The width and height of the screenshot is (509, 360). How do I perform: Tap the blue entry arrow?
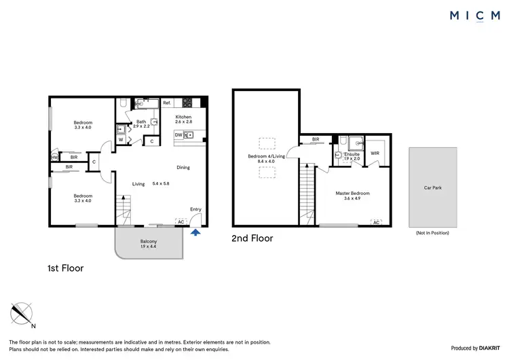[196, 232]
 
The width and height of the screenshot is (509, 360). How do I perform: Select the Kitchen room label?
[184, 117]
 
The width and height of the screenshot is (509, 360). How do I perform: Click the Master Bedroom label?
[353, 194]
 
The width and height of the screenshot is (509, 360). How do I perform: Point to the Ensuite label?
[352, 154]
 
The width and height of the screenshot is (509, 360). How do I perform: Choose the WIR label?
[375, 154]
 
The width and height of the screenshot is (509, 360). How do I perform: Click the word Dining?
[183, 167]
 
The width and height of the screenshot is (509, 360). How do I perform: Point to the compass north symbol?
[22, 313]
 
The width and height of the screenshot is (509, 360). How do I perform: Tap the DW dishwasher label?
[178, 135]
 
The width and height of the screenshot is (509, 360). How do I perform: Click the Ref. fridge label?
[166, 103]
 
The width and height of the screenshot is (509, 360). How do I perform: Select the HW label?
[54, 158]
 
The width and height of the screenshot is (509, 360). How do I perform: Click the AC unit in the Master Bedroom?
[375, 222]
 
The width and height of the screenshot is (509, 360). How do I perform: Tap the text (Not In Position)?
[432, 233]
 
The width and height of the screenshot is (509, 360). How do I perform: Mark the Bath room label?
[140, 122]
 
